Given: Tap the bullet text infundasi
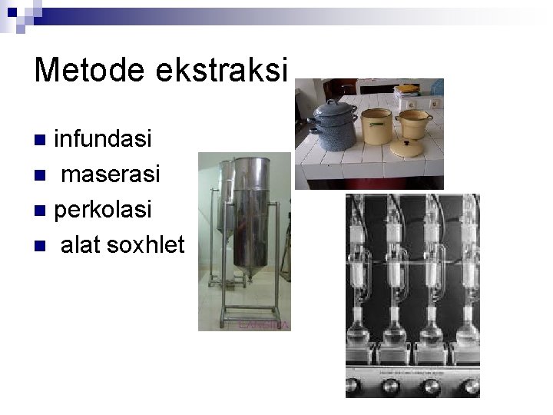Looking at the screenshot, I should pyautogui.click(x=103, y=140).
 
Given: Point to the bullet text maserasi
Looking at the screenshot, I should pyautogui.click(x=110, y=175).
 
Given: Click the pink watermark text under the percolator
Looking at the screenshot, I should pyautogui.click(x=263, y=325).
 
